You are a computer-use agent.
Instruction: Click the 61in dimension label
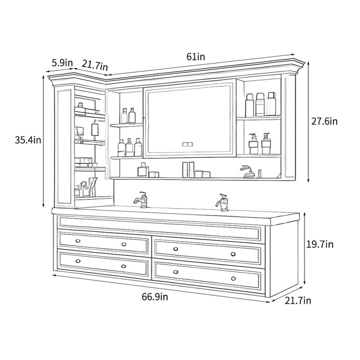point(196,57)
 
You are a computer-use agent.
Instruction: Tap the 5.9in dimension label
point(62,63)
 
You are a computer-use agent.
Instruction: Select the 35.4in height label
point(28,140)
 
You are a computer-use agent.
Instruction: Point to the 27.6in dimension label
point(324,121)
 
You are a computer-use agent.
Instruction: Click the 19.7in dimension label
point(320,244)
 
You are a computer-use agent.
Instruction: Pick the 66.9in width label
point(155,297)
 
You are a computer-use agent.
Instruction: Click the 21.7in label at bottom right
point(298,300)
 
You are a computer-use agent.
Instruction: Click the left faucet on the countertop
point(141,199)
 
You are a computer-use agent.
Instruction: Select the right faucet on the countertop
point(222,202)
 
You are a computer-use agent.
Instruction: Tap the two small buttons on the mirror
point(187,144)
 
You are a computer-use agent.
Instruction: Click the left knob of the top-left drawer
point(78,241)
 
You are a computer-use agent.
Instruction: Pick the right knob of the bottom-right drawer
point(233,279)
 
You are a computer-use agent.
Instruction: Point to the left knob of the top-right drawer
point(175,249)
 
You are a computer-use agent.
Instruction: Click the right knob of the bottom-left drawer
point(123,266)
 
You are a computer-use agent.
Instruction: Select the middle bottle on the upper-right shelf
point(260,104)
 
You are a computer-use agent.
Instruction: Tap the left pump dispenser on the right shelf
point(253,144)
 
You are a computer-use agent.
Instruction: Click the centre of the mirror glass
point(189,119)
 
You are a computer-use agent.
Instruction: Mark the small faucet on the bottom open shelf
point(247,171)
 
